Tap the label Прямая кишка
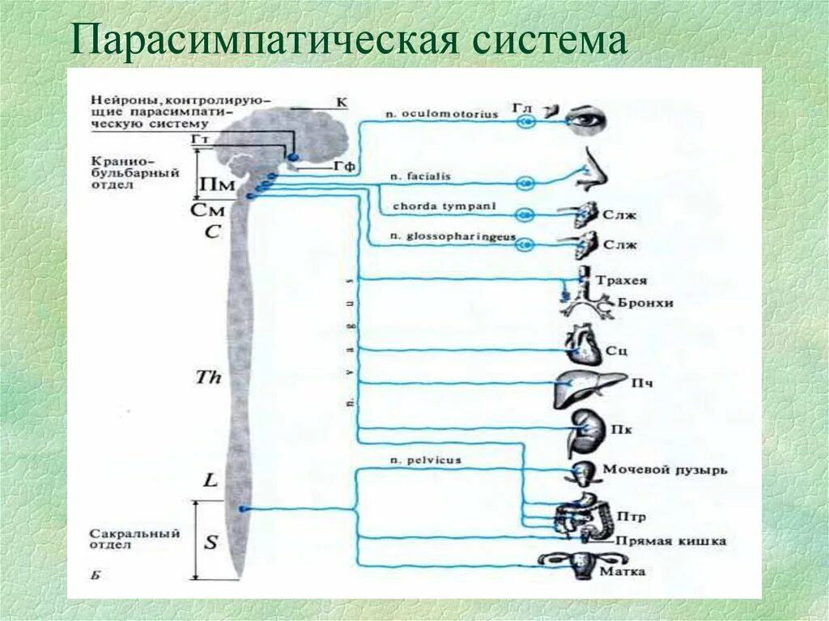pyautogui.click(x=670, y=541)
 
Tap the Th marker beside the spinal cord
pyautogui.click(x=209, y=376)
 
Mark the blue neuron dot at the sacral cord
pyautogui.click(x=242, y=508)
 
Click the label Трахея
pyautogui.click(x=622, y=281)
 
